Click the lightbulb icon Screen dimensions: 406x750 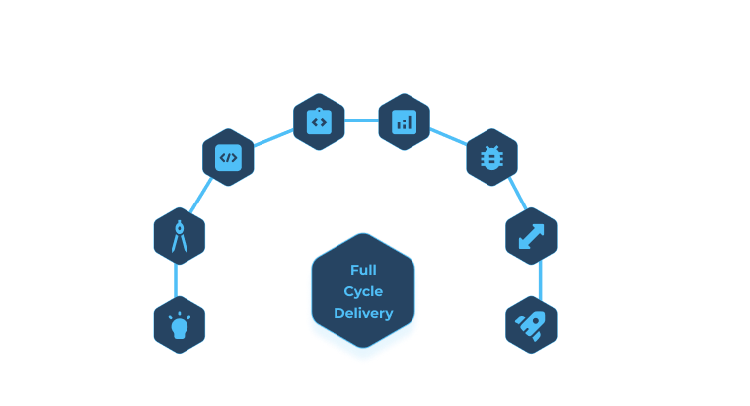[x=180, y=325]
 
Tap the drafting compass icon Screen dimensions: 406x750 [x=180, y=237]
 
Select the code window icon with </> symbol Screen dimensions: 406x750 [x=228, y=157]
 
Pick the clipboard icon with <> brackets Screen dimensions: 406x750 [x=319, y=122]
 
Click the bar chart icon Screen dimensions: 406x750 [x=404, y=122]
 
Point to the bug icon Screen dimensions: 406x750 [x=491, y=157]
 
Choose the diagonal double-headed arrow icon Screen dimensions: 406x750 [x=531, y=237]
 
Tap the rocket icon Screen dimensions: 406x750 [x=531, y=325]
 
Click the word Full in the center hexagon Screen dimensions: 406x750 [x=363, y=270]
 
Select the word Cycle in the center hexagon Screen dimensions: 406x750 [x=363, y=291]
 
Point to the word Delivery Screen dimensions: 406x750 [x=363, y=313]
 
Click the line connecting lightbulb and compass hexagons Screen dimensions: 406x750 [x=177, y=281]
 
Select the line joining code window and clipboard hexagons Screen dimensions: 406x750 [x=273, y=138]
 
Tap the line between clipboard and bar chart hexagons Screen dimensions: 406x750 [x=361, y=121]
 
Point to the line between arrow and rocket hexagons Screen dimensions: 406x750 [x=539, y=281]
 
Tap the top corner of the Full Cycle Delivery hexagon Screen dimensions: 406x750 [x=363, y=234]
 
